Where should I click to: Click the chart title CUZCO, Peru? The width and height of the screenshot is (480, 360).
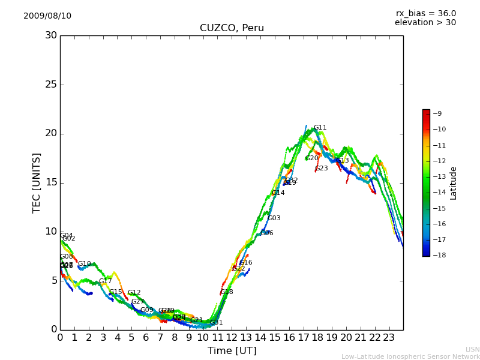click(x=232, y=28)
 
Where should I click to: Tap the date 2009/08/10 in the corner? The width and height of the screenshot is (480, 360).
click(x=47, y=16)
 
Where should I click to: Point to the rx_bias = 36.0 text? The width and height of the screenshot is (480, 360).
click(x=426, y=13)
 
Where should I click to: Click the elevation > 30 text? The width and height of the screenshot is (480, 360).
click(x=425, y=23)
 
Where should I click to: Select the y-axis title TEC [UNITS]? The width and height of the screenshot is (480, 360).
click(x=37, y=182)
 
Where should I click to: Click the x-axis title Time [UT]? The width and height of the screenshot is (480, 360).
click(x=232, y=350)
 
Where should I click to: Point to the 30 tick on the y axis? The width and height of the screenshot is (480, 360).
click(x=51, y=35)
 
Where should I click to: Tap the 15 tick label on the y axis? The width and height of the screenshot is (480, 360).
click(x=51, y=182)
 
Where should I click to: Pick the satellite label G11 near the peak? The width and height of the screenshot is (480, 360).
click(x=320, y=128)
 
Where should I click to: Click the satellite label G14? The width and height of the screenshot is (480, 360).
click(x=278, y=193)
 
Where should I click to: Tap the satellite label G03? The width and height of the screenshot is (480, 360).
click(x=274, y=218)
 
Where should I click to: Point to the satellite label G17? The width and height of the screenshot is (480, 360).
click(x=106, y=281)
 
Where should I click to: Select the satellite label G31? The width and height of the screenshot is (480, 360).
click(x=217, y=323)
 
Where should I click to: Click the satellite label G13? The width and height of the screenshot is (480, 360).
click(x=343, y=161)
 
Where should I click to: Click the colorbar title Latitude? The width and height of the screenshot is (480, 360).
click(x=454, y=182)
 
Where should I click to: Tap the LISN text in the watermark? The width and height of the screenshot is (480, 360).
click(x=472, y=349)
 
